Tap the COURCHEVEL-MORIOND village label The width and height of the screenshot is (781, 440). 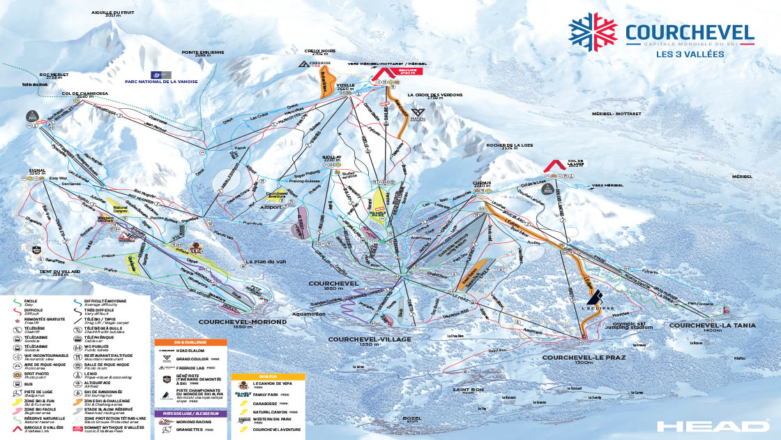[x=242, y=322]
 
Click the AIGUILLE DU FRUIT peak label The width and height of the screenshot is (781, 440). [x=112, y=13]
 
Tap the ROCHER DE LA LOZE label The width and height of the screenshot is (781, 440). [x=512, y=146]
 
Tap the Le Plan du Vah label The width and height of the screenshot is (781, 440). [x=262, y=262]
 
